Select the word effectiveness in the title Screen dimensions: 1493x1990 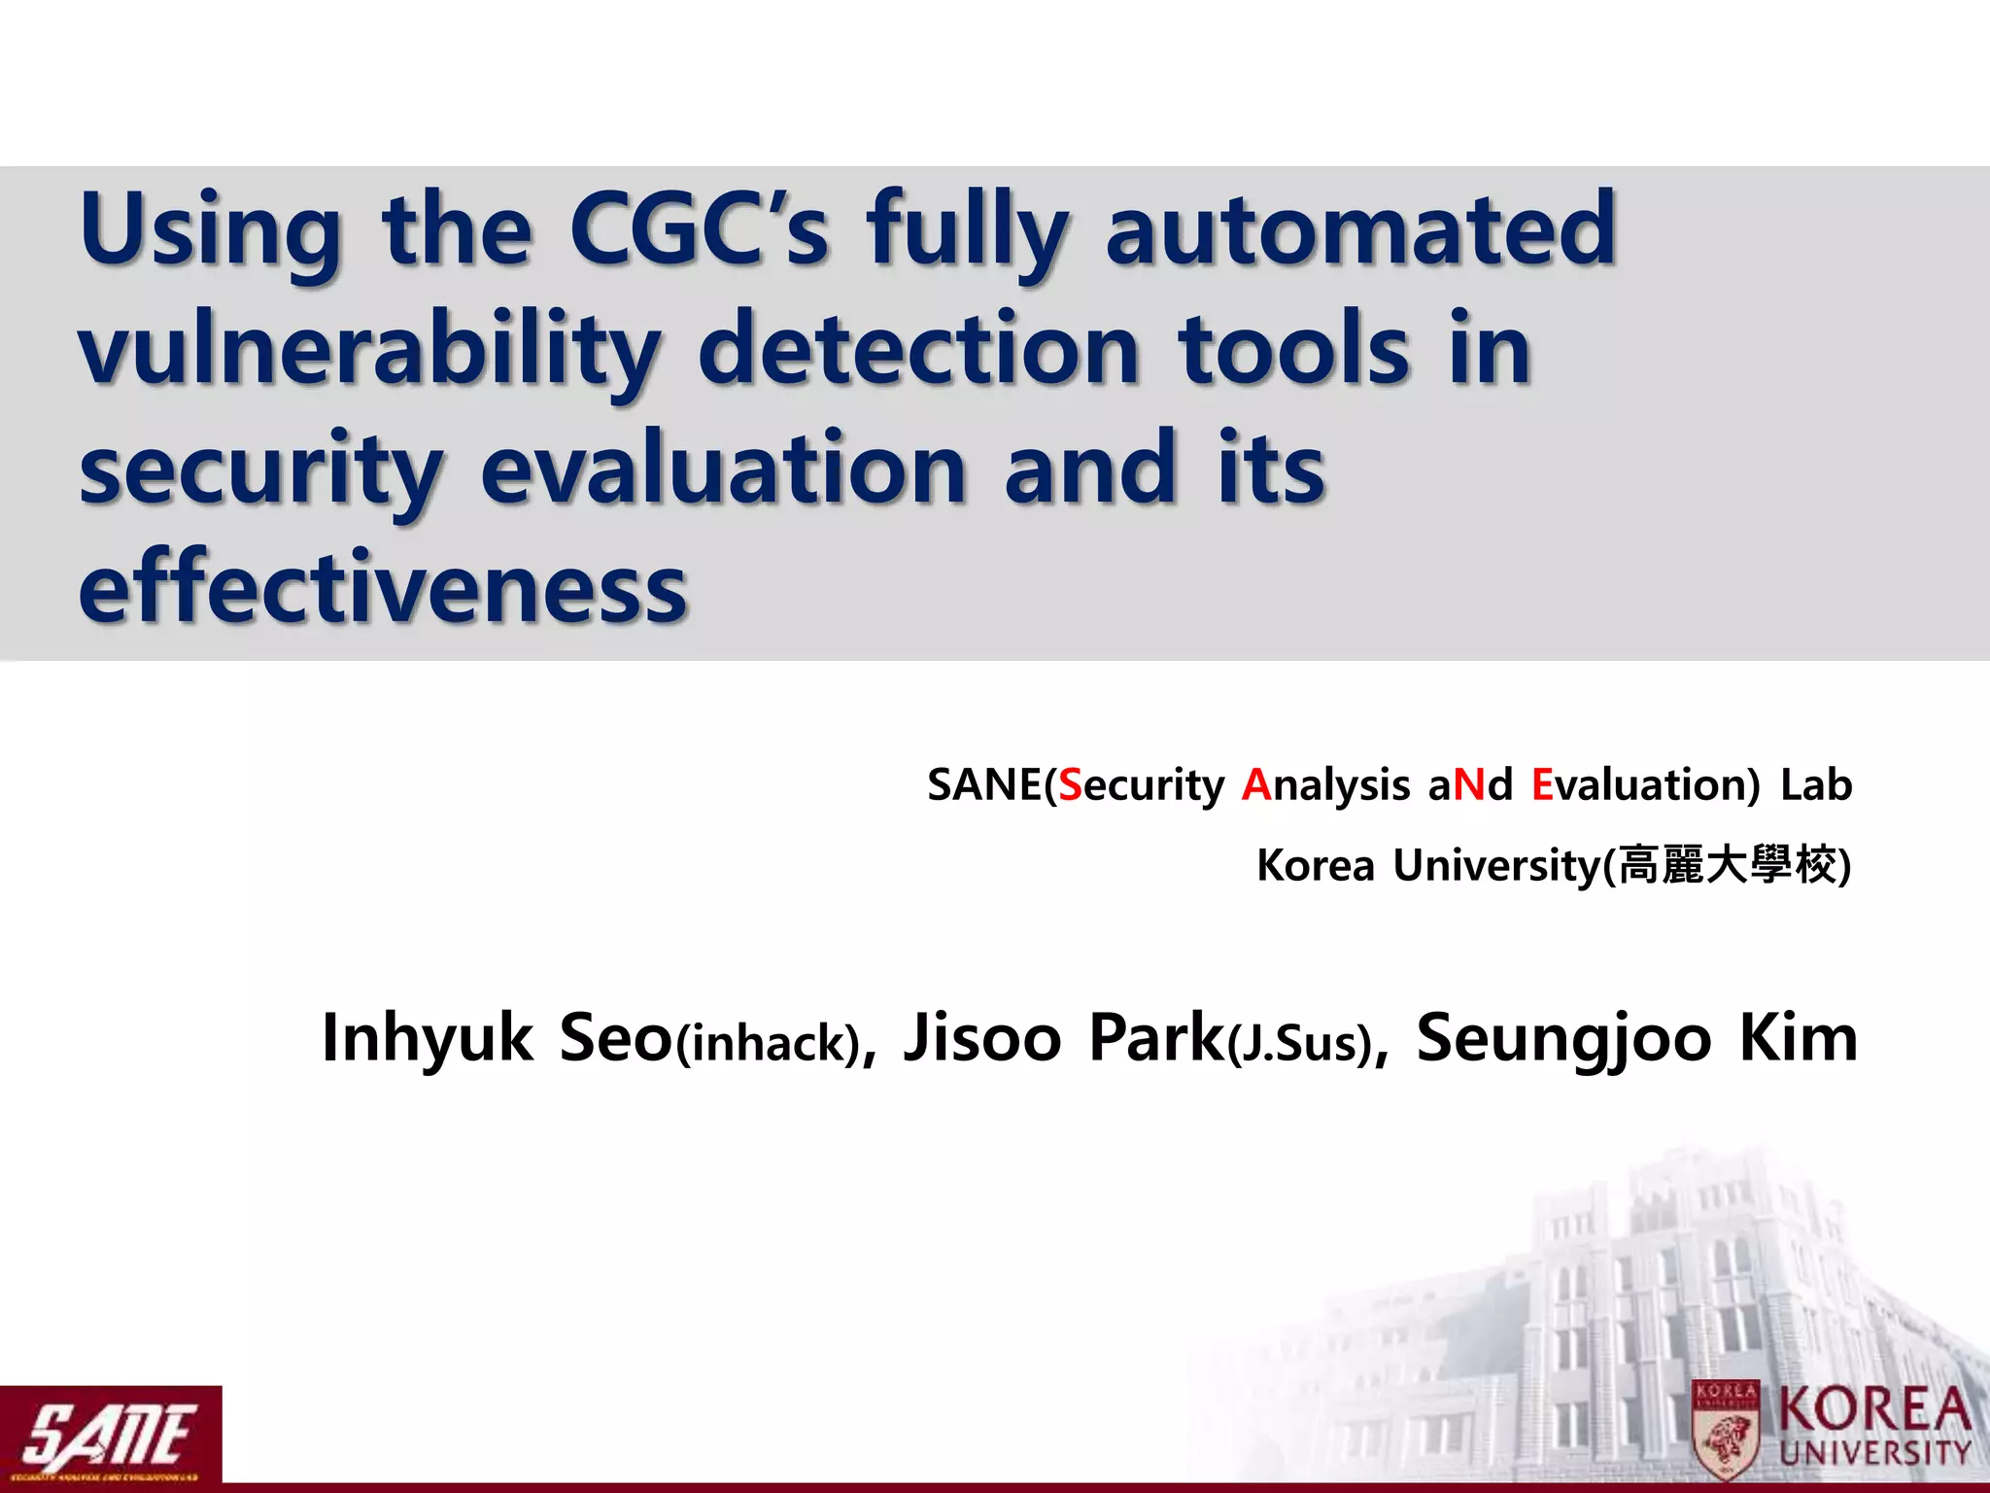pos(383,588)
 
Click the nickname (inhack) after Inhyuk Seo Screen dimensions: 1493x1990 pos(769,1044)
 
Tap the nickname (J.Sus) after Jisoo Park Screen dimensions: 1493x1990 pos(1299,1044)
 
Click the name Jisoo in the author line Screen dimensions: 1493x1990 pos(981,1038)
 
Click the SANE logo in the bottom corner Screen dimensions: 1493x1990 pos(110,1435)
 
